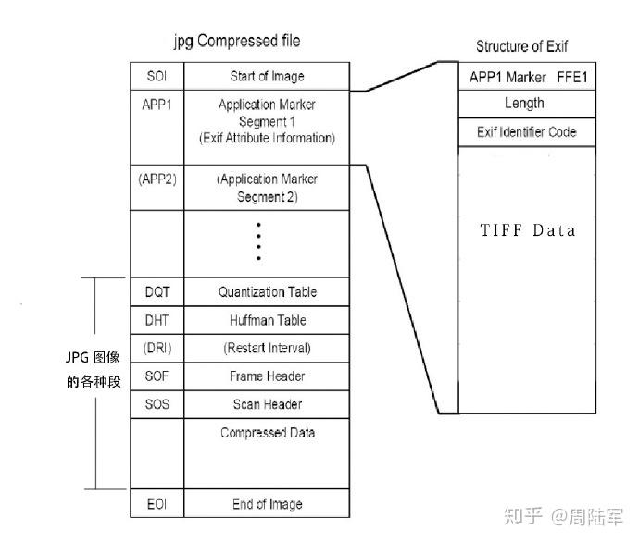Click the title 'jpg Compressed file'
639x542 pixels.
pyautogui.click(x=237, y=42)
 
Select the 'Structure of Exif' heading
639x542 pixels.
pyautogui.click(x=521, y=46)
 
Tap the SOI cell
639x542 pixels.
pyautogui.click(x=157, y=76)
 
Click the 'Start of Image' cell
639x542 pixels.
pyautogui.click(x=267, y=76)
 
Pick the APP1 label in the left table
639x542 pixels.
pyautogui.click(x=157, y=105)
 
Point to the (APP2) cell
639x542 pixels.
pyautogui.click(x=157, y=179)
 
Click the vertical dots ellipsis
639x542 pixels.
pyautogui.click(x=259, y=242)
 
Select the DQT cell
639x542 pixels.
pyautogui.click(x=157, y=292)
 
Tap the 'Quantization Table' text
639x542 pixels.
pyautogui.click(x=267, y=292)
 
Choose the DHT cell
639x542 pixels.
pyautogui.click(x=157, y=320)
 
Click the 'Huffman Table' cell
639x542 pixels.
pyautogui.click(x=267, y=320)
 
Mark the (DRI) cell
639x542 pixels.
pyautogui.click(x=157, y=349)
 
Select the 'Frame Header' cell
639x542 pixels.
pyautogui.click(x=267, y=376)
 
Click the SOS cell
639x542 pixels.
pyautogui.click(x=157, y=404)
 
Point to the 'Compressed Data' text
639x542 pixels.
pyautogui.click(x=267, y=433)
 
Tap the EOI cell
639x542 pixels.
pyautogui.click(x=157, y=504)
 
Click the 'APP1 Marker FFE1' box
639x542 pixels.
pyautogui.click(x=527, y=77)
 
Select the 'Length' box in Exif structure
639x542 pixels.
pyautogui.click(x=524, y=104)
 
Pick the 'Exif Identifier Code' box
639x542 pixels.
pyautogui.click(x=526, y=132)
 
